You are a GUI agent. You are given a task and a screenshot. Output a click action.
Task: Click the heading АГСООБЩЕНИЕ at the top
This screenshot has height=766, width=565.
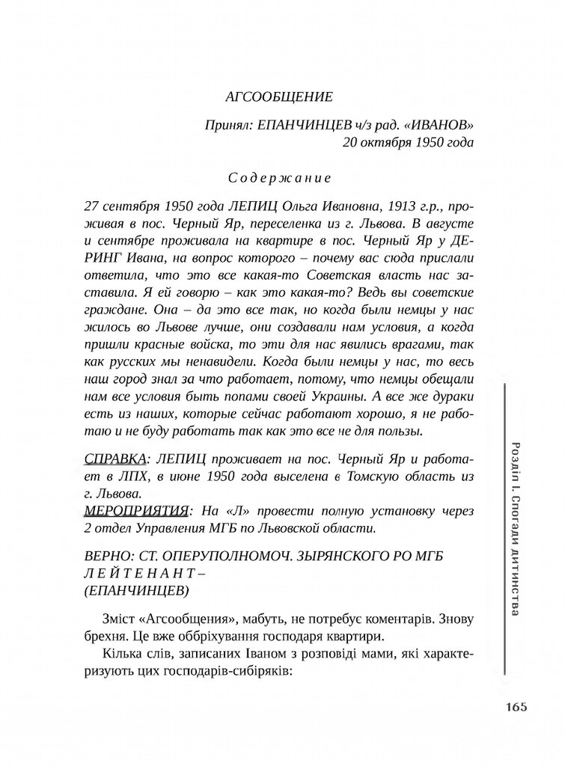(278, 96)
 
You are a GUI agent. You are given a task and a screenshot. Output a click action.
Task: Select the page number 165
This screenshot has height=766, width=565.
(516, 707)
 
